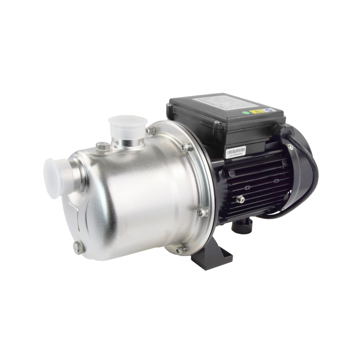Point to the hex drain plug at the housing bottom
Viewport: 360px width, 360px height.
pyautogui.click(x=80, y=246)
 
